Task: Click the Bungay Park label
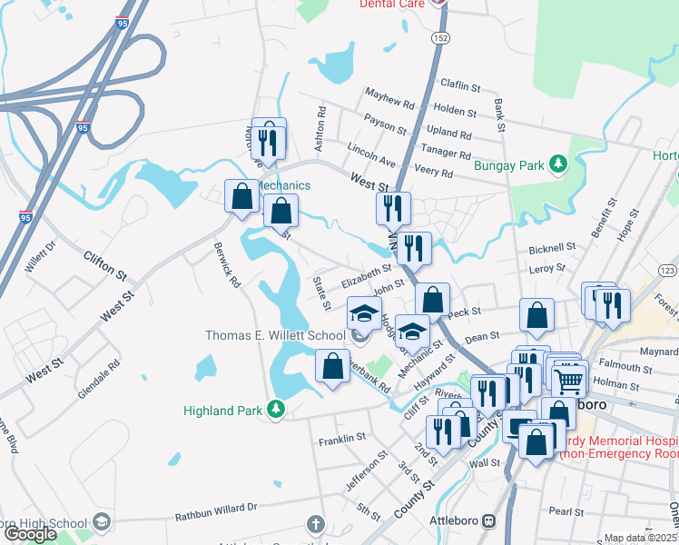[x=508, y=165]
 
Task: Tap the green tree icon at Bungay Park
[x=561, y=164]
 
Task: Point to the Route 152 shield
[x=440, y=38]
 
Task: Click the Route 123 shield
[x=667, y=271]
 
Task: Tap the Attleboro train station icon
[x=488, y=521]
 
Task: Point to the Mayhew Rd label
[x=389, y=94]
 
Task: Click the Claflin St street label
[x=460, y=86]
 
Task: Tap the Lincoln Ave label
[x=371, y=154]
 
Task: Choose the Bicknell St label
[x=552, y=247]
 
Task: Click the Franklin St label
[x=342, y=440]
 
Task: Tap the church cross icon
[x=315, y=524]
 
